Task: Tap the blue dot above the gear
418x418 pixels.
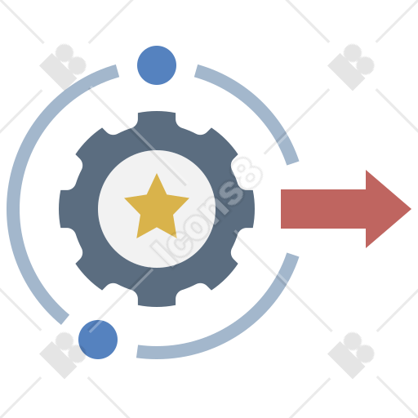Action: [x=157, y=65]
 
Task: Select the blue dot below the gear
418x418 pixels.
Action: [x=98, y=340]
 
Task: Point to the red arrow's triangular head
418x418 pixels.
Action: [x=385, y=209]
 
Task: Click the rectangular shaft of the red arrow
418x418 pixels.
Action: [x=323, y=209]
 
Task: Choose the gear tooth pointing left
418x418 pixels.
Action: [x=68, y=209]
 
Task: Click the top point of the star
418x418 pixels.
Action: [x=157, y=174]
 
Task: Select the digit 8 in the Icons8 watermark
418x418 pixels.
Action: [x=247, y=174]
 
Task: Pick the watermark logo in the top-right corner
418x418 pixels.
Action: [x=351, y=67]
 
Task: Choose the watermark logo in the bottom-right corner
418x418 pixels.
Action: [x=351, y=355]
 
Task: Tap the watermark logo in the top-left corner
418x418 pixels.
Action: [x=63, y=67]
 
